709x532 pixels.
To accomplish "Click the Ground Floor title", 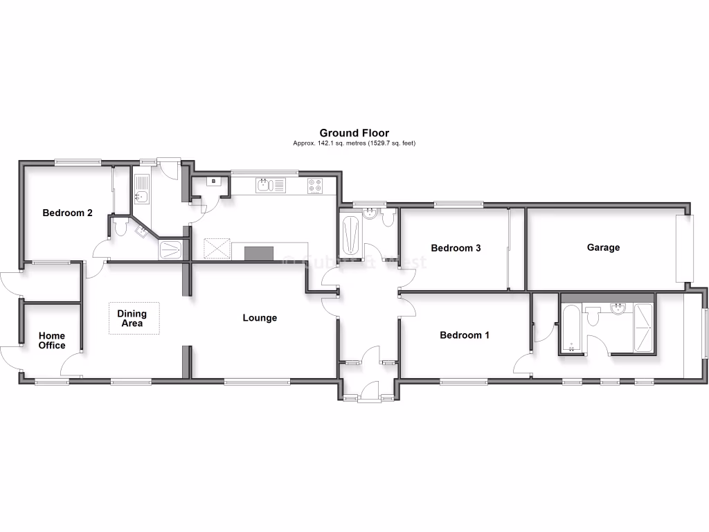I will coord(354,133).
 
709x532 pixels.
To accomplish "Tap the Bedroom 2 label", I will coord(68,213).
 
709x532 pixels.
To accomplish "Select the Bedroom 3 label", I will coord(456,248).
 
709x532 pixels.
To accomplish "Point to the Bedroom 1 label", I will coord(465,335).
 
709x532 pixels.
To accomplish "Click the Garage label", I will coord(603,247).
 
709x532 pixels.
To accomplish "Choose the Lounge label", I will coord(260,318).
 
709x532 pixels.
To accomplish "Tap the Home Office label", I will coord(52,341).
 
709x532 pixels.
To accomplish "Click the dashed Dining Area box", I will coord(134,319).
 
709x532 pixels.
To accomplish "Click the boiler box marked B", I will coord(214,181).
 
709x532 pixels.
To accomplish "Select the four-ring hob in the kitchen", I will coord(315,185).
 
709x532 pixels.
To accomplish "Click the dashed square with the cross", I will coord(217,249).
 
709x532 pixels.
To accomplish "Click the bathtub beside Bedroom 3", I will coord(350,236).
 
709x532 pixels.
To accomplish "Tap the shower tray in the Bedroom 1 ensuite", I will coord(643,328).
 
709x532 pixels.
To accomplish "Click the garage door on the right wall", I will coord(685,248).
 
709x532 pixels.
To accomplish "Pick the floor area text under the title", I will coord(354,143).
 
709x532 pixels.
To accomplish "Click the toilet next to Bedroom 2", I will coord(121,227).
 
